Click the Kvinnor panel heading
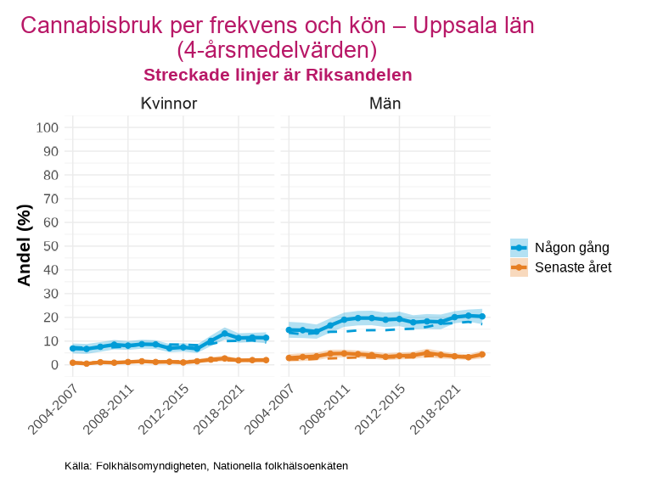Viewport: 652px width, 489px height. click(x=169, y=104)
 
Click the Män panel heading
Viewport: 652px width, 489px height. click(x=385, y=104)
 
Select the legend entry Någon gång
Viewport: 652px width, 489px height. click(x=571, y=248)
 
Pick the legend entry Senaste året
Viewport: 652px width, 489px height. click(x=573, y=267)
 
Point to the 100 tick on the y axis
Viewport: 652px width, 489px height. click(x=47, y=127)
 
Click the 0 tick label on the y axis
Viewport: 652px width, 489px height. click(x=53, y=365)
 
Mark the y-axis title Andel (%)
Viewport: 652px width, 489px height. click(x=25, y=245)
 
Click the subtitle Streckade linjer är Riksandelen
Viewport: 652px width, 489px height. click(x=278, y=75)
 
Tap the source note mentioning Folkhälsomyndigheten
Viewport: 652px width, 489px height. click(x=206, y=466)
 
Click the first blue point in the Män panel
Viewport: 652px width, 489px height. click(x=289, y=330)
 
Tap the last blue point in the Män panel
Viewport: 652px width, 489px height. click(x=482, y=317)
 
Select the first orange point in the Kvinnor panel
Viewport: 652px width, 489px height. click(x=72, y=363)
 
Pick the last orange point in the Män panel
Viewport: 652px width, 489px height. click(x=482, y=355)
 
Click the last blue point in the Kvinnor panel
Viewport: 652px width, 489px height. click(x=266, y=338)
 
